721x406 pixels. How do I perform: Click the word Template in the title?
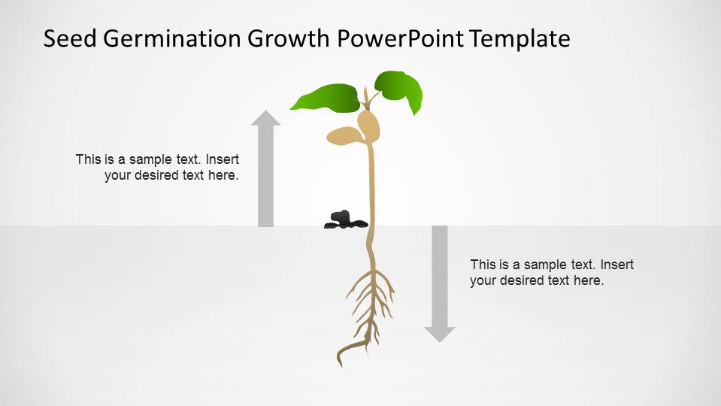pyautogui.click(x=520, y=38)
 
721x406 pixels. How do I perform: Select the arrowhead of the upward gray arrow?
pyautogui.click(x=265, y=117)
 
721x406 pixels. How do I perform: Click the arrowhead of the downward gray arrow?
pyautogui.click(x=440, y=334)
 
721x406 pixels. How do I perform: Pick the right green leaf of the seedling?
pyautogui.click(x=399, y=89)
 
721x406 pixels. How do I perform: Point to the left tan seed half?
pyautogui.click(x=344, y=135)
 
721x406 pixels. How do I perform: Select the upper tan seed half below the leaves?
pyautogui.click(x=368, y=124)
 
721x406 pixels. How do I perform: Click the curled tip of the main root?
pyautogui.click(x=343, y=354)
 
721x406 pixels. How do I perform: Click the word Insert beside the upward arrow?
pyautogui.click(x=222, y=159)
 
